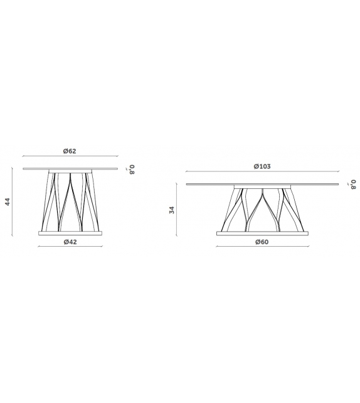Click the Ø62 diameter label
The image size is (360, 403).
(70, 151)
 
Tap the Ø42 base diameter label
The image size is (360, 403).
(70, 242)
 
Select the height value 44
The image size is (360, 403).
(8, 201)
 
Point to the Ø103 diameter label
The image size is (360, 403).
(262, 166)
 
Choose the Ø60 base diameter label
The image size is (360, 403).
(262, 242)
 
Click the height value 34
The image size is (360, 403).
(172, 210)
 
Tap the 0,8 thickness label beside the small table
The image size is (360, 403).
(131, 169)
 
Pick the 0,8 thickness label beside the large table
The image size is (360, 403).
(354, 185)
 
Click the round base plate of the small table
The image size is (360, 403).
(70, 233)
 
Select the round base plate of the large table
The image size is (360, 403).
(262, 234)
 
